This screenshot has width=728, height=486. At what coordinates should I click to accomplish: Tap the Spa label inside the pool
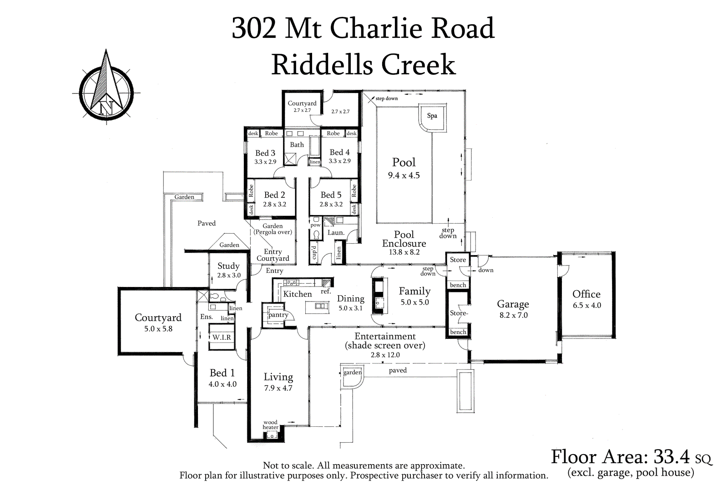(x=432, y=116)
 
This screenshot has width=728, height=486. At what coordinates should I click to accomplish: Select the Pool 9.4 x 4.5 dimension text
(x=404, y=175)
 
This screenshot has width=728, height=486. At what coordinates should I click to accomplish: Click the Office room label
(x=586, y=294)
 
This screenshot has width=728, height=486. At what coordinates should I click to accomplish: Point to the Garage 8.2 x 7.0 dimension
(x=513, y=315)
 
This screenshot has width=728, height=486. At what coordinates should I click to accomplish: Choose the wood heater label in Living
(x=270, y=425)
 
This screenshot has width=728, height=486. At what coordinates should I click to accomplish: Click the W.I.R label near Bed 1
(x=222, y=338)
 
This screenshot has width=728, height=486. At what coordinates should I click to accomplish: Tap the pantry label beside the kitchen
(x=278, y=315)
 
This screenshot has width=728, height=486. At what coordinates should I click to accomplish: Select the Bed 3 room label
(x=265, y=153)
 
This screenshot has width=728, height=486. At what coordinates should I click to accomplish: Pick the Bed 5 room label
(x=331, y=195)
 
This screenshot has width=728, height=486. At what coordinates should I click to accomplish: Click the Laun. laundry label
(x=336, y=232)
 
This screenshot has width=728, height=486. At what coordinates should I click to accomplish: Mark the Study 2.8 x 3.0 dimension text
(x=229, y=275)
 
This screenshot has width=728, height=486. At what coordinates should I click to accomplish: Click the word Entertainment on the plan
(x=385, y=337)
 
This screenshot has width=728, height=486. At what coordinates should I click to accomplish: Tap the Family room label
(x=415, y=291)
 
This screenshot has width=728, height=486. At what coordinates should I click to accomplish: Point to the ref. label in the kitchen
(x=325, y=292)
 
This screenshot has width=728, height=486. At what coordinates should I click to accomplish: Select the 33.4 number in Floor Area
(x=672, y=456)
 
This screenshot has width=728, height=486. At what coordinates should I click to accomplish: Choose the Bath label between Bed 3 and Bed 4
(x=297, y=145)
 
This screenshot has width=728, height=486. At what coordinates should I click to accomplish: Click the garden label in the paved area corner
(x=352, y=373)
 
